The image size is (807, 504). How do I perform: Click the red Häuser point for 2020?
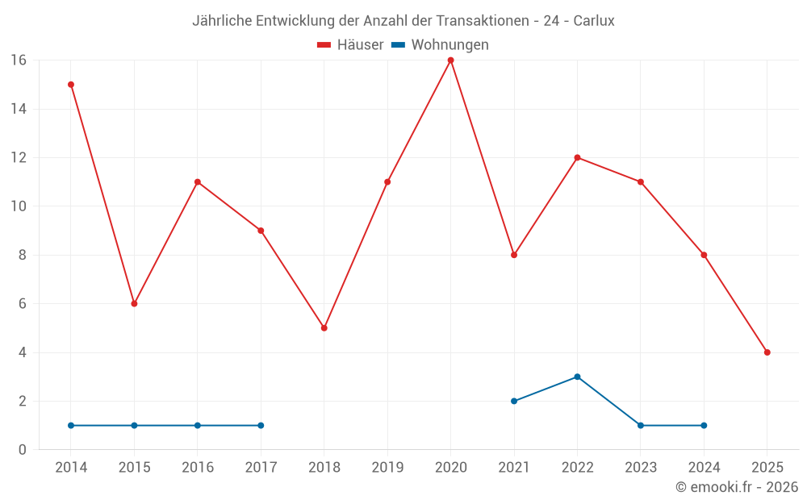coord(450,60)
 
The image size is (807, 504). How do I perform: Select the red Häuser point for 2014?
coord(71,85)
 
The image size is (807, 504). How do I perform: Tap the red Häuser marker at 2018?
coord(324,328)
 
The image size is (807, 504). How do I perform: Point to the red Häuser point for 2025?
coord(767,352)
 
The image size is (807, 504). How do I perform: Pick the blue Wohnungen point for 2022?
coord(577,377)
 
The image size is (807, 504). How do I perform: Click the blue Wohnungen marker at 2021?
coord(514,401)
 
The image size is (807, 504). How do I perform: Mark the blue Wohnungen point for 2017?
coord(261,425)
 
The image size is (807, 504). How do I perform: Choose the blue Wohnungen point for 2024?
coord(704,425)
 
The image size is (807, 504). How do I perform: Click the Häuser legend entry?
coord(350,45)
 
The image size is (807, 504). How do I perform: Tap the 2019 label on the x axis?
coord(387,468)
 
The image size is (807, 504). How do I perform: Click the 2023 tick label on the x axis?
coord(641,468)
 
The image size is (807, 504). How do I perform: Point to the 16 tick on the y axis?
coord(19,60)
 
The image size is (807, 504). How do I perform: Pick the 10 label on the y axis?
coord(19,206)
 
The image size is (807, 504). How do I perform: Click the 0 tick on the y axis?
coord(23,450)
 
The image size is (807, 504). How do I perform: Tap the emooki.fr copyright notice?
coord(736,487)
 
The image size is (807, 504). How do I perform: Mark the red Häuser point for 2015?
coord(134,304)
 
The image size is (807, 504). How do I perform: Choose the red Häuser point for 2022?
coord(577,157)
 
